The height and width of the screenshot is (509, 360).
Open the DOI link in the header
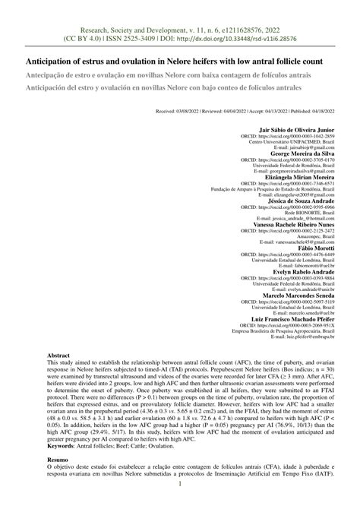pos(251,36)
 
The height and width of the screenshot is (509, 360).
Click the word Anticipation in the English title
pos(57,61)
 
